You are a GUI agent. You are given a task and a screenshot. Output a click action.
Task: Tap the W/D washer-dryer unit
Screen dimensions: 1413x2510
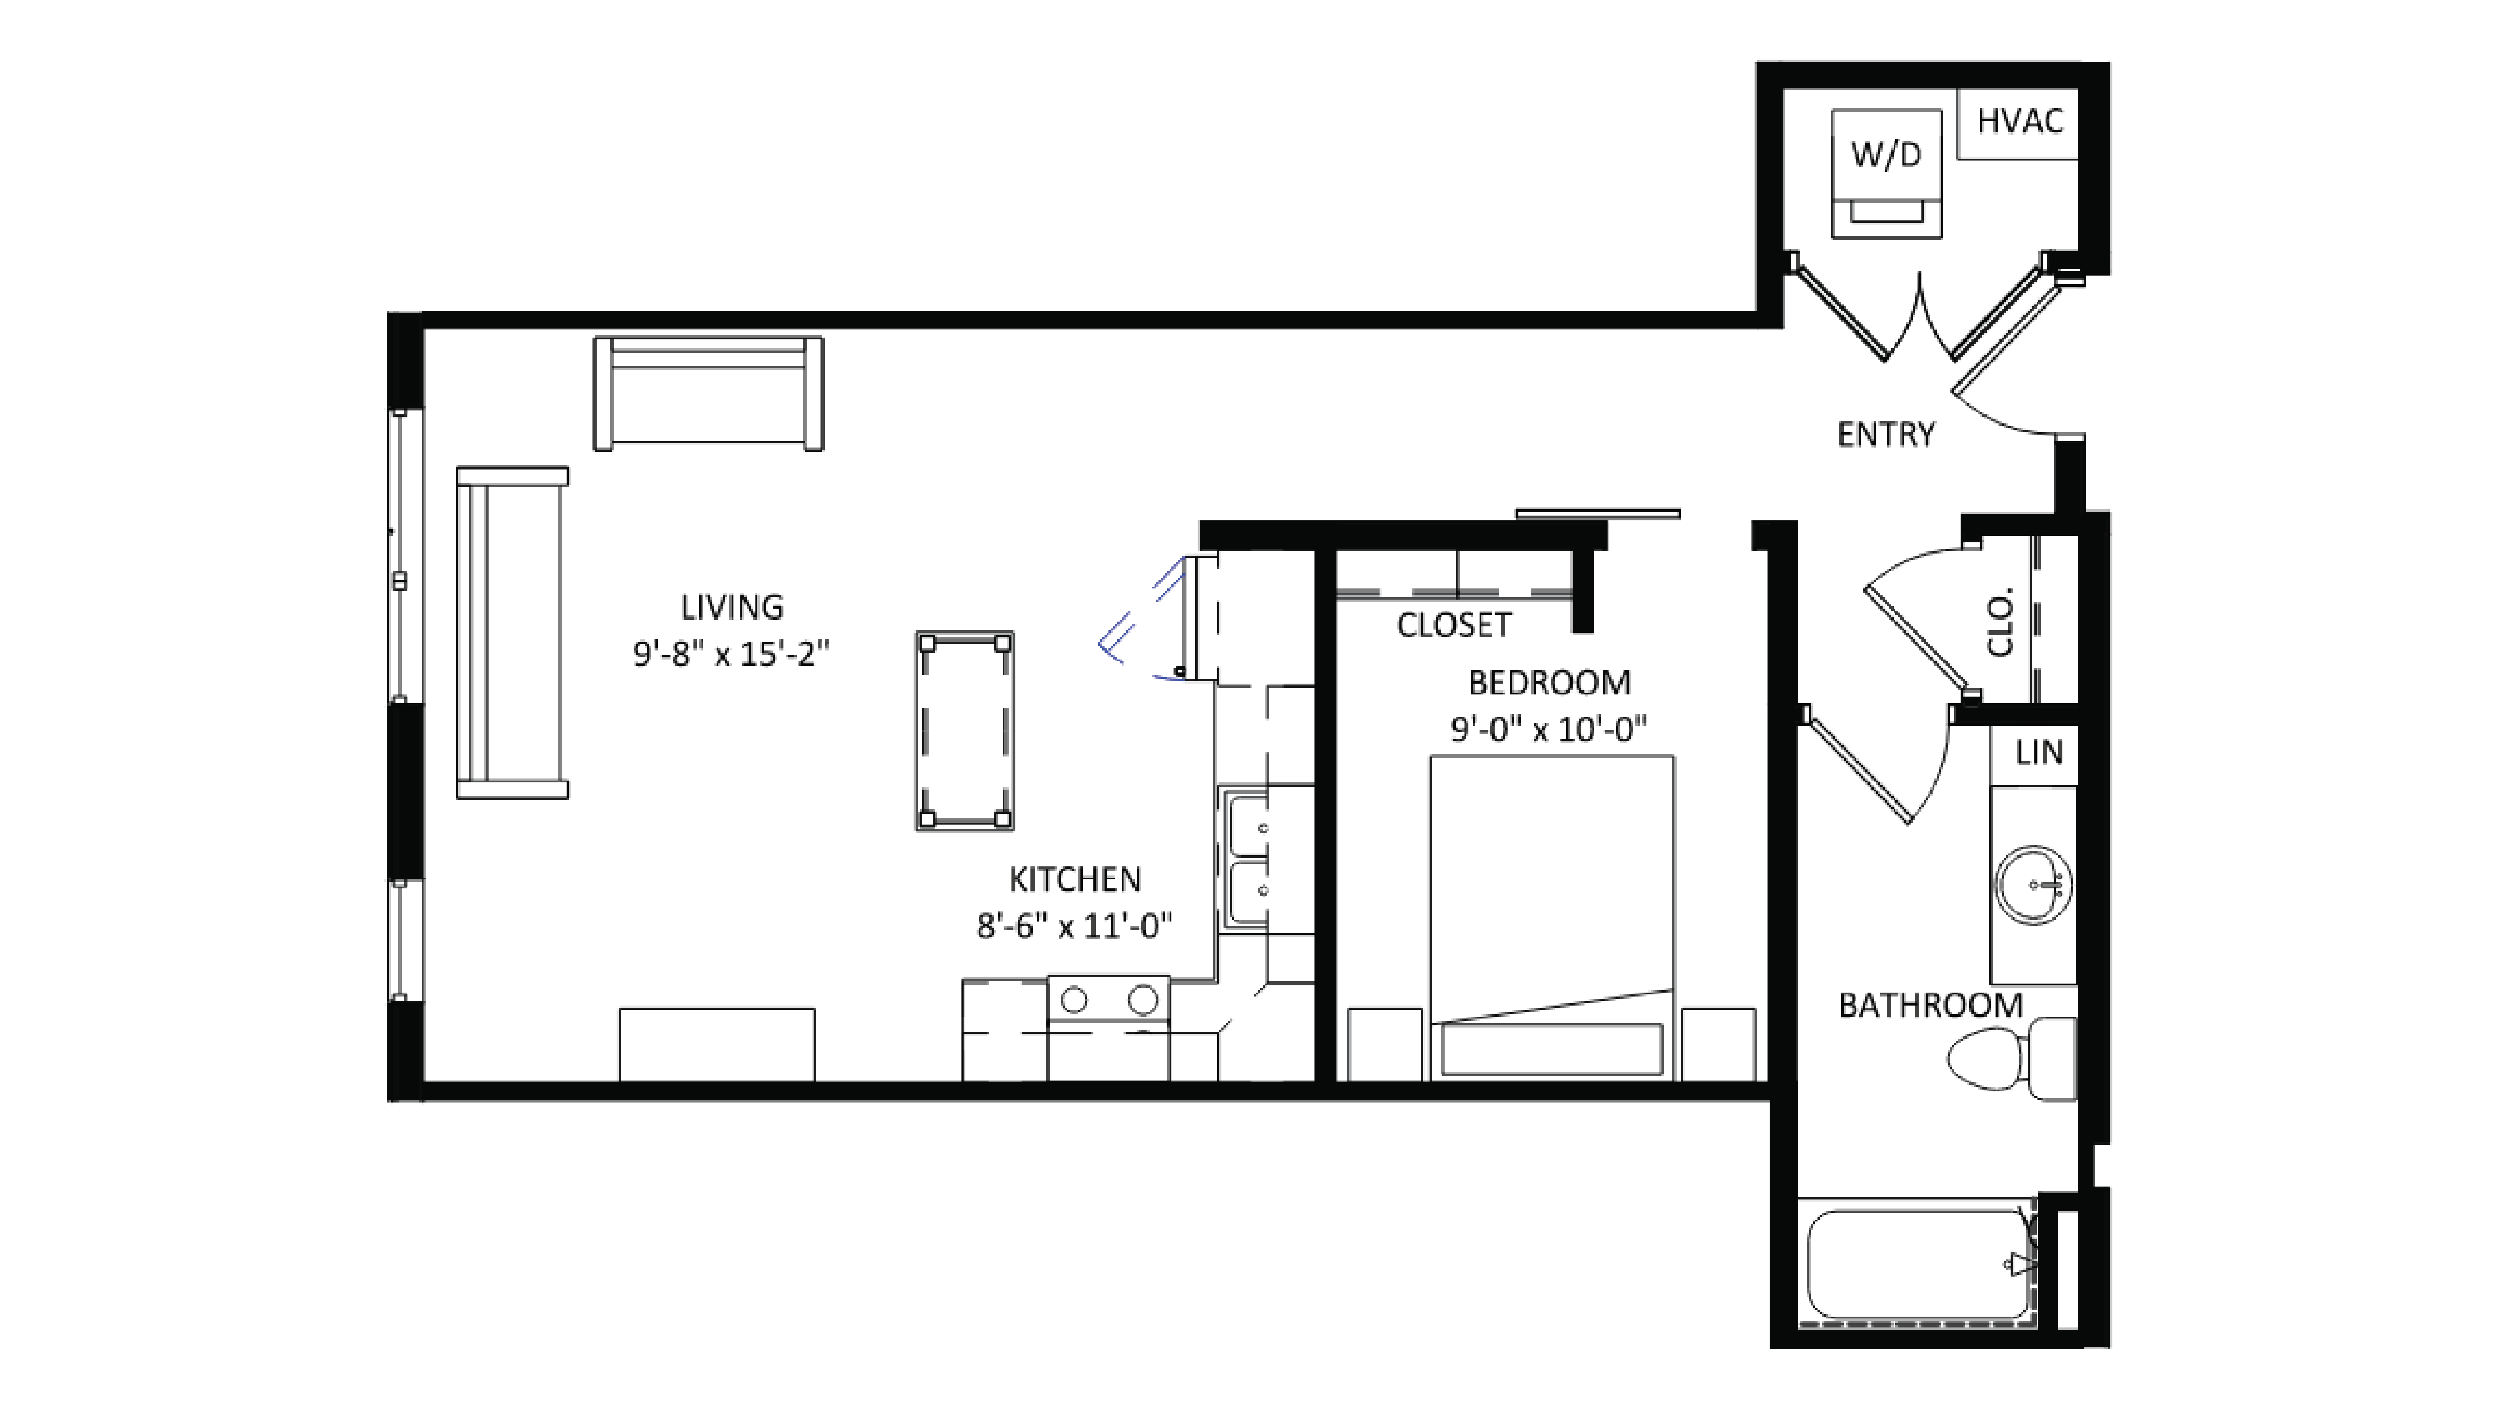[x=1886, y=173]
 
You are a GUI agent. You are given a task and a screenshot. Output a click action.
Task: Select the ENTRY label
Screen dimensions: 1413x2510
[x=1885, y=435]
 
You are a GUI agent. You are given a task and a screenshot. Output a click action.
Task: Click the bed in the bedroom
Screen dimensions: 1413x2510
[x=1551, y=916]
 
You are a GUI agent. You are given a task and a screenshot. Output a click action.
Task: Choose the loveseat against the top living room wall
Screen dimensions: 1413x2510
[x=708, y=394]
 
